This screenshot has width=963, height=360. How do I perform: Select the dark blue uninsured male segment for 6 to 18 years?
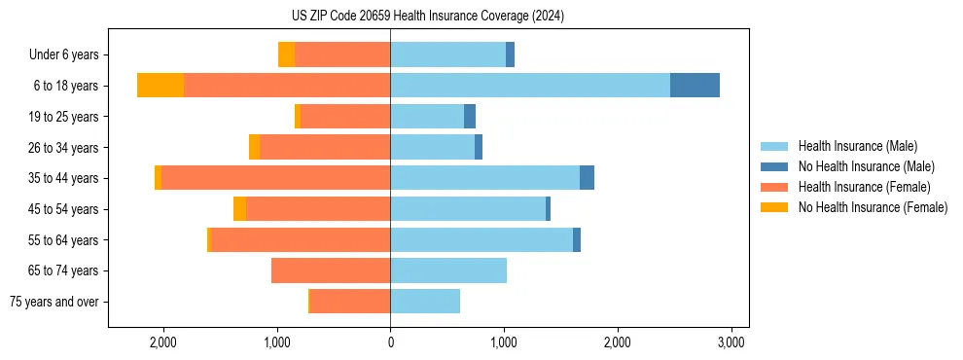click(695, 86)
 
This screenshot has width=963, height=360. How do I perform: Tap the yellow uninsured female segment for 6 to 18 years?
click(160, 86)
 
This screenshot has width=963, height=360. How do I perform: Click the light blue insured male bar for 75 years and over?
click(425, 302)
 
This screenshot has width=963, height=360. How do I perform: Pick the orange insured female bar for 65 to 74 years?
click(331, 270)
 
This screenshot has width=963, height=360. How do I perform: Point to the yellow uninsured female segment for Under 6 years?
click(286, 54)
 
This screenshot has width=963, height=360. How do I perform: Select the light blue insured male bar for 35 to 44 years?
click(484, 178)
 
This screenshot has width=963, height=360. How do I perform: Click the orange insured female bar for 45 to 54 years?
click(318, 209)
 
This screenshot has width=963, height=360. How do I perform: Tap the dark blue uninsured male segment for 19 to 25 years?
click(470, 117)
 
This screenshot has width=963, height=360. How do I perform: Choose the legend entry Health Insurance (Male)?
click(857, 146)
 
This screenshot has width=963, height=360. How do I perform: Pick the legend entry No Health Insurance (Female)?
click(873, 207)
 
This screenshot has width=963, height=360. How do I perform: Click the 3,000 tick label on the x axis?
click(731, 342)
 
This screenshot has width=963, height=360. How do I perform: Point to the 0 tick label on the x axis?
click(390, 342)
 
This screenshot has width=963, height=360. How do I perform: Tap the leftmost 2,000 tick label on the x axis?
click(163, 342)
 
